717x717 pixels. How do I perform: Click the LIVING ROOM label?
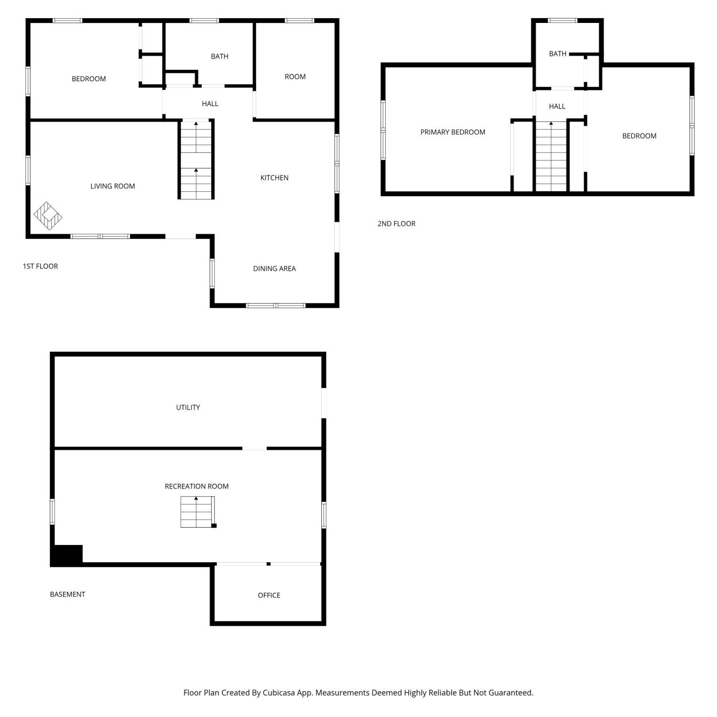(113, 186)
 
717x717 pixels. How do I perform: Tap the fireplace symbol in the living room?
(48, 216)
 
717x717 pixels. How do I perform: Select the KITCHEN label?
(274, 178)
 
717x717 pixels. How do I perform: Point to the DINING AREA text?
(274, 269)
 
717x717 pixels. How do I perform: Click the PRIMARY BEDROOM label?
(453, 132)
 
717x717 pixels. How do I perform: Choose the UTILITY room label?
(188, 408)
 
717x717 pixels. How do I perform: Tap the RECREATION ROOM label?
(196, 487)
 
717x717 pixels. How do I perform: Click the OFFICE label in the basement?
(269, 596)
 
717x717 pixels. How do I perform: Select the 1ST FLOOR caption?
(40, 266)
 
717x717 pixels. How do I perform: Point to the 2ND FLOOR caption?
(396, 224)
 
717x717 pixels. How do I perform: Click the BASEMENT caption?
(67, 595)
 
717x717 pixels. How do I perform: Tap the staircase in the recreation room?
(198, 512)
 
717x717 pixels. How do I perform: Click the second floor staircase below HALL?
(551, 156)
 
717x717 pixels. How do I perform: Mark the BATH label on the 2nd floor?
(557, 54)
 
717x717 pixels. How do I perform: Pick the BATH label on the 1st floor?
(219, 56)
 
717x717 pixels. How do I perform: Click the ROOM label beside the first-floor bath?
(295, 77)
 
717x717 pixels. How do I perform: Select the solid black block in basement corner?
(67, 555)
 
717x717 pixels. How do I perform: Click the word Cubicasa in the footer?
(279, 693)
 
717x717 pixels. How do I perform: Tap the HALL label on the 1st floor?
(210, 104)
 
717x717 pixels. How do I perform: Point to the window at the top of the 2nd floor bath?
(563, 21)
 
